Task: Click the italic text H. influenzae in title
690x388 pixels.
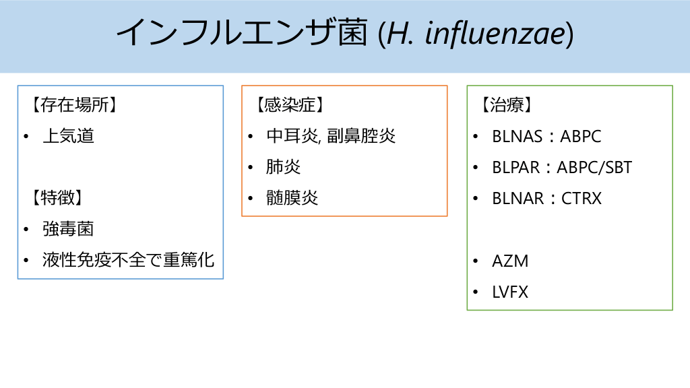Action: pos(476,34)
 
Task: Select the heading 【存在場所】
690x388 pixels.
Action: pos(69,105)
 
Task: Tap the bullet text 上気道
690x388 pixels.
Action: pos(68,136)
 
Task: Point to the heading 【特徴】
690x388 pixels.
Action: pos(57,198)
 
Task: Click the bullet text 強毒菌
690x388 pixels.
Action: pos(68,229)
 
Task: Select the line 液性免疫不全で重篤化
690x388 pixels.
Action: pos(128,260)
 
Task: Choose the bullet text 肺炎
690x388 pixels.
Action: pos(283,167)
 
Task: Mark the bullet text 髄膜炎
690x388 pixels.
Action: pos(292,198)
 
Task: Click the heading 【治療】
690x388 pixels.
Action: pos(506,105)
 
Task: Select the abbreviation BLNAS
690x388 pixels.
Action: pos(517,136)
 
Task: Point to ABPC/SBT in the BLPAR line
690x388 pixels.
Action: pos(594,167)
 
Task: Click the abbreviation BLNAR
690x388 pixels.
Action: pos(517,198)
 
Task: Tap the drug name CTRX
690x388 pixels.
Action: pos(581,198)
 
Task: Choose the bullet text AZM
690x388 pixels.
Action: pos(510,261)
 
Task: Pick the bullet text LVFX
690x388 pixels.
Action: pos(510,292)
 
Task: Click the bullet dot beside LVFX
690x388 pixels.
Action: pos(476,292)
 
